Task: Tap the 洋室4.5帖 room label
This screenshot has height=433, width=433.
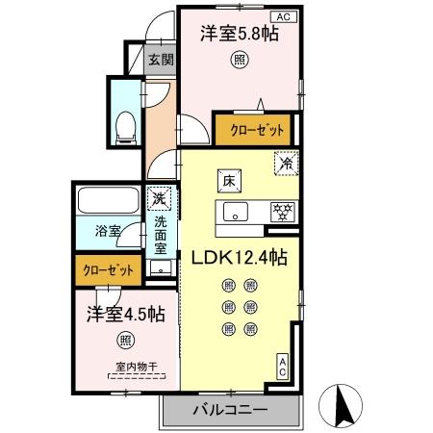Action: coord(125,314)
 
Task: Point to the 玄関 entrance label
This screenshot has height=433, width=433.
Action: coord(159,60)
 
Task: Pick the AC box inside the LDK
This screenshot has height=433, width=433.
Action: coord(284,365)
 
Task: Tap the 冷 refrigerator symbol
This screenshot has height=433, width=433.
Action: coord(285,165)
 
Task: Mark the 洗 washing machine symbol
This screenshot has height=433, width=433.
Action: coord(161,198)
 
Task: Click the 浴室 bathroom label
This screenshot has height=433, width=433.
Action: coord(107,232)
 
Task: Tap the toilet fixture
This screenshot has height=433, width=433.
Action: coord(124,126)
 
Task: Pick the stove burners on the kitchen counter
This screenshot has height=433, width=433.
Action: coord(282,212)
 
